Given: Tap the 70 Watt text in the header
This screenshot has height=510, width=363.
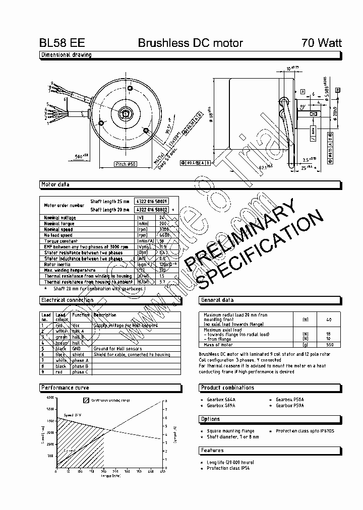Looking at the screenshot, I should coord(321,43).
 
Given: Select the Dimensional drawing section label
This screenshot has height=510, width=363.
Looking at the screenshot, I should coord(66,55).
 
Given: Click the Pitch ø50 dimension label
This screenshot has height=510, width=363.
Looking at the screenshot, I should coord(126,164).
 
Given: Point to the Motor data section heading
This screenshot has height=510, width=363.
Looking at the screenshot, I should coord(55,185).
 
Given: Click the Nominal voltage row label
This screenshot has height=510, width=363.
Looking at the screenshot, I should coord(60,218).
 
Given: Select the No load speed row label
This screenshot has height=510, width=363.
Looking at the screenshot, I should coord(58,235).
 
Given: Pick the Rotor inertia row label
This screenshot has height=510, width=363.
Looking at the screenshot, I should coord(57,264).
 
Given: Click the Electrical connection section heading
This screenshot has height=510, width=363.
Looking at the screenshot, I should coord(67,300).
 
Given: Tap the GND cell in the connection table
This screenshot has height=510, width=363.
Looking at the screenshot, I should coord(77,349).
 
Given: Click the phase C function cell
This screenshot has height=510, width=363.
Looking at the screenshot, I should coord(80,372).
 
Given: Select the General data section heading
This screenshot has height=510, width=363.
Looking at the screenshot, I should coord(217,300).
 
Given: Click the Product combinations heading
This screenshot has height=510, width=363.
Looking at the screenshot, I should coord(227,388).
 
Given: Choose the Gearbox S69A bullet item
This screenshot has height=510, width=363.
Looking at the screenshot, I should coord(221,405).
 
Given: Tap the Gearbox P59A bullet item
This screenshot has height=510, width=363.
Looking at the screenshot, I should coord(290,405).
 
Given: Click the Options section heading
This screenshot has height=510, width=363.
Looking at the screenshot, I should coord(210,419).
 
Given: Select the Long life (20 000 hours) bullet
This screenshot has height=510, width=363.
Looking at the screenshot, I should coord(230,462).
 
